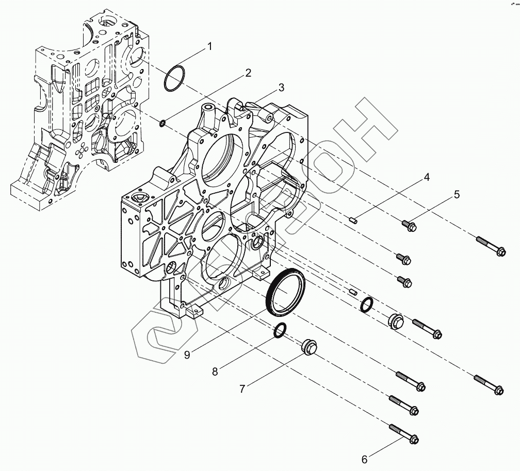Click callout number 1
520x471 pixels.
(x=209, y=46)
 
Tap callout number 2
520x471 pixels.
(x=248, y=73)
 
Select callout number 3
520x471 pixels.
(x=281, y=88)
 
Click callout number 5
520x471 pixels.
(x=457, y=195)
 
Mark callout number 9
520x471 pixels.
(x=187, y=355)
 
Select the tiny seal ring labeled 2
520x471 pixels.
(x=161, y=123)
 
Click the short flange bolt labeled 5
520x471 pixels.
(x=408, y=225)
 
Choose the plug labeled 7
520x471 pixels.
(x=308, y=348)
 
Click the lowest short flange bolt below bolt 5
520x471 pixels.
(x=404, y=281)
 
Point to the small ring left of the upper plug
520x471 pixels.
(x=366, y=305)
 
